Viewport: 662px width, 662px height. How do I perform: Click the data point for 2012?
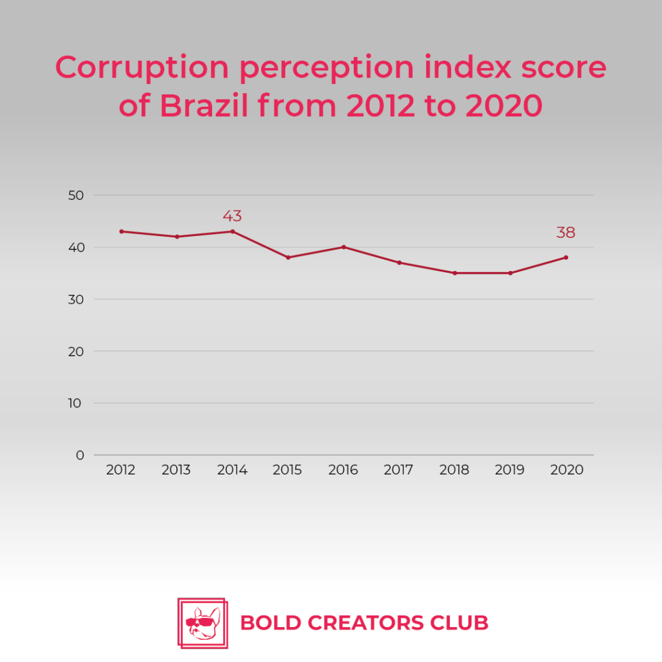point(121,231)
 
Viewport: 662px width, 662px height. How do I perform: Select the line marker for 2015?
point(288,257)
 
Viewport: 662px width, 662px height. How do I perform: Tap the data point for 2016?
point(344,247)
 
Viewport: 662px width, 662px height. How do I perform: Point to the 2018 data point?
point(455,273)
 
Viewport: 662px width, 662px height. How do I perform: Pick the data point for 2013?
point(176,237)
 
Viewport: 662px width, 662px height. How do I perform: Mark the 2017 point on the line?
point(400,262)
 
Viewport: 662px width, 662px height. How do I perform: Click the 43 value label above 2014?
point(232,216)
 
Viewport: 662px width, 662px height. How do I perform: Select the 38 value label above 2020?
point(566,233)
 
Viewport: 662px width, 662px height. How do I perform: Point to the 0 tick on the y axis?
point(80,455)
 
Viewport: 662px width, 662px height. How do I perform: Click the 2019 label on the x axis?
point(510,470)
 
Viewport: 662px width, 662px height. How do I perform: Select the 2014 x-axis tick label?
point(232,470)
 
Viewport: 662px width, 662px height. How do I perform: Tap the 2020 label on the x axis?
point(566,470)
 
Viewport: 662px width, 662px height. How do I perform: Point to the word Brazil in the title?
point(205,106)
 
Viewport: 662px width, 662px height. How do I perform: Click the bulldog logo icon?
point(202,623)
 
